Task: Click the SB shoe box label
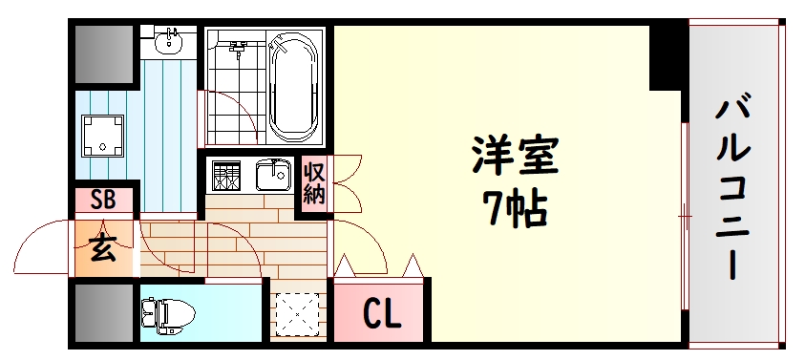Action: pyautogui.click(x=102, y=201)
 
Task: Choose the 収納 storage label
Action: pyautogui.click(x=314, y=183)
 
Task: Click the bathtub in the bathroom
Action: pyautogui.click(x=295, y=86)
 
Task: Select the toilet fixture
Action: pyautogui.click(x=167, y=312)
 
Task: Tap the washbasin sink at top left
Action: pyautogui.click(x=173, y=40)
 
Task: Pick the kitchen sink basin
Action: pyautogui.click(x=273, y=176)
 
